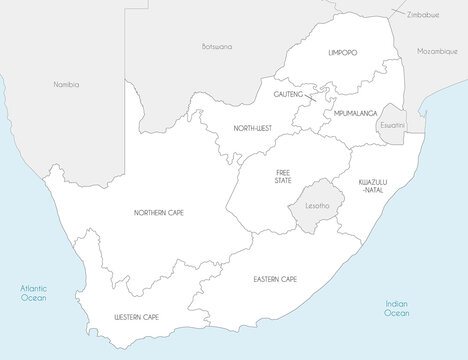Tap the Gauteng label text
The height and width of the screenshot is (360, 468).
point(288,93)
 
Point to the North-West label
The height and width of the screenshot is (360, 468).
point(251,127)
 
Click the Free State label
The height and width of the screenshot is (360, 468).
point(284,176)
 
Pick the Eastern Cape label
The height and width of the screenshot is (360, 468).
point(274,279)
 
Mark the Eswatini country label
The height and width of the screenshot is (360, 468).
point(391,126)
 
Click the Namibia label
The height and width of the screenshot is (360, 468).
point(66,84)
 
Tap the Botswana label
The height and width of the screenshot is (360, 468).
point(216,46)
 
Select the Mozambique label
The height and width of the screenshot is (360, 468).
point(437,50)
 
